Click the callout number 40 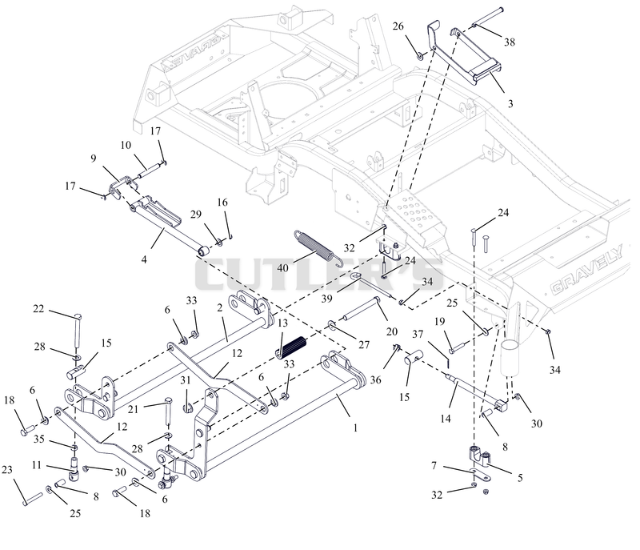(x=282, y=268)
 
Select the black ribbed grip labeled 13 (x=291, y=347)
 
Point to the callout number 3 (x=510, y=104)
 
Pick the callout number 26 (x=398, y=26)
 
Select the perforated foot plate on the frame (x=415, y=211)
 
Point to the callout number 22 (x=38, y=309)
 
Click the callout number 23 (x=7, y=470)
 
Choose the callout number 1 (x=355, y=428)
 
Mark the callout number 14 (x=446, y=418)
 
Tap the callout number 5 (x=520, y=477)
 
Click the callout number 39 (x=326, y=299)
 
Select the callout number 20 (x=392, y=331)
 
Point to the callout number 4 (x=144, y=259)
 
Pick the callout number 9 (x=94, y=158)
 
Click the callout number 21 (x=133, y=409)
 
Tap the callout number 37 (x=418, y=335)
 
